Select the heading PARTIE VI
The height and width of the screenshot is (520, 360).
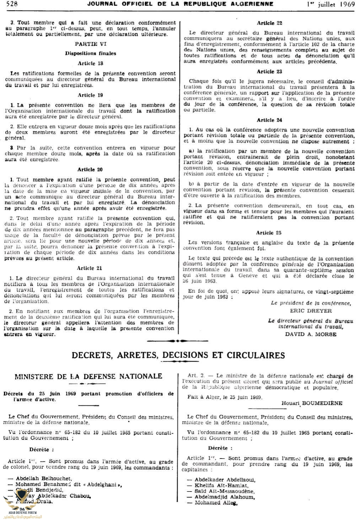pyautogui.click(x=91, y=44)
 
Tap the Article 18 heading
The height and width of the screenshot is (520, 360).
pyautogui.click(x=91, y=63)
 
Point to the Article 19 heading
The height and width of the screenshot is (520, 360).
pyautogui.click(x=91, y=95)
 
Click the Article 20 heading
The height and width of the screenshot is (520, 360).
pyautogui.click(x=90, y=170)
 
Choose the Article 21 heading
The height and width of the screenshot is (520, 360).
pyautogui.click(x=89, y=268)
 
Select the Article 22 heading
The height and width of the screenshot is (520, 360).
pyautogui.click(x=269, y=23)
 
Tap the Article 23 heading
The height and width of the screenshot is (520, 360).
pyautogui.click(x=269, y=71)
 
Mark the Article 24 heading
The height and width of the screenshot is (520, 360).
pyautogui.click(x=269, y=120)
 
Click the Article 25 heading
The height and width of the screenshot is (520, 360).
pyautogui.click(x=269, y=233)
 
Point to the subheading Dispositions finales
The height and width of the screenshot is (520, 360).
pyautogui.click(x=91, y=53)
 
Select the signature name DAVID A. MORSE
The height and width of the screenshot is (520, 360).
pyautogui.click(x=311, y=334)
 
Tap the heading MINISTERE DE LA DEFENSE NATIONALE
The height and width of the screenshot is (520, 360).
pyautogui.click(x=88, y=376)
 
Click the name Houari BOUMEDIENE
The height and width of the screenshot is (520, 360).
pyautogui.click(x=312, y=403)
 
